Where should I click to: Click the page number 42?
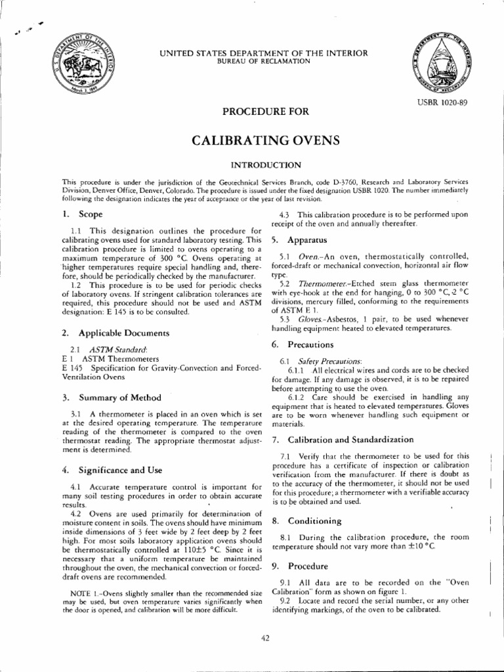[x=265, y=640]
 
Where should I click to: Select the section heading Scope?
[x=89, y=214]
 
